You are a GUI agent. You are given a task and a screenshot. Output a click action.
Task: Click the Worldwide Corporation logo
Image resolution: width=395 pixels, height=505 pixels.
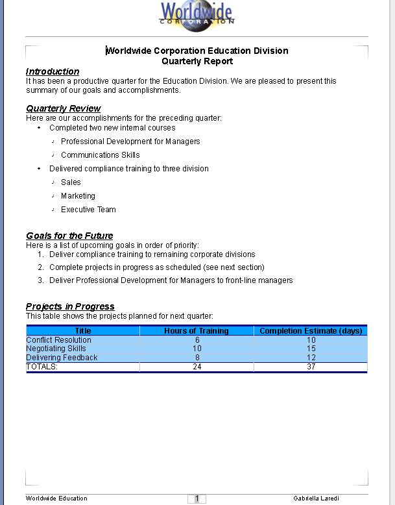[197, 14]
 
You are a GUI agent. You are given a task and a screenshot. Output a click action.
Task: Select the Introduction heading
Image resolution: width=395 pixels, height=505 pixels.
[53, 71]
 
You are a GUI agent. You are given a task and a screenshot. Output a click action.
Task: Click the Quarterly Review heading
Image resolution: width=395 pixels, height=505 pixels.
[63, 108]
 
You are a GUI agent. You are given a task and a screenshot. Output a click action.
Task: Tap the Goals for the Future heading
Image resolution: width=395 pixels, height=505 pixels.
[69, 236]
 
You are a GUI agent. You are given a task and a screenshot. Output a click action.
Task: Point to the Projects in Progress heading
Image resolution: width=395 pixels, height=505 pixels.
[70, 306]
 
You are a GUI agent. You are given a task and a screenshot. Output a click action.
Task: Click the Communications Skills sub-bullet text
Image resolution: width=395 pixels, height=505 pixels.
[100, 155]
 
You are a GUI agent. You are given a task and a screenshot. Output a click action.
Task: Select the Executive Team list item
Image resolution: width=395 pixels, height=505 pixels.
[88, 210]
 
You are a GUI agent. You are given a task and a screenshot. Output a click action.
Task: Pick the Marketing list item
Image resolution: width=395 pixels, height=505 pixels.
[78, 196]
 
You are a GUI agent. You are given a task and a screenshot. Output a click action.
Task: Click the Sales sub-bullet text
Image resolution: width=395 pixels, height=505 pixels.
[71, 182]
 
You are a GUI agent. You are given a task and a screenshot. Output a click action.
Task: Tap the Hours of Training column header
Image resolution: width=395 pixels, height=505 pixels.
[197, 331]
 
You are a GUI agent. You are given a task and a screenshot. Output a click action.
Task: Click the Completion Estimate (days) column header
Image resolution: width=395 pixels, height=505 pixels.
[311, 331]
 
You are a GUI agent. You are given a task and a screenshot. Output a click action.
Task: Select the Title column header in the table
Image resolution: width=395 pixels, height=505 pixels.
[83, 331]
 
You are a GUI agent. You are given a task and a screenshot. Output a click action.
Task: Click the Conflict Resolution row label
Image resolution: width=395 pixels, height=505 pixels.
[58, 340]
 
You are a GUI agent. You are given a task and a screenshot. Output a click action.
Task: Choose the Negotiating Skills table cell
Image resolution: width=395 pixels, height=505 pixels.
[56, 349]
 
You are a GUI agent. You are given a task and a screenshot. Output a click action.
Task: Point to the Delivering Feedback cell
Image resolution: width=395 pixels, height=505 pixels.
[62, 358]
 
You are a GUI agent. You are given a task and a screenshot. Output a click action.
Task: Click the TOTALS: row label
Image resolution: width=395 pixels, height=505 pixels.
[42, 367]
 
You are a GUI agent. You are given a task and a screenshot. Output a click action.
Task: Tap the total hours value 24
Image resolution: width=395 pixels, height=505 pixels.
[197, 367]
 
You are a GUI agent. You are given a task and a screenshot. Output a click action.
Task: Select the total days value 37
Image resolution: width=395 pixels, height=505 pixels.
[311, 367]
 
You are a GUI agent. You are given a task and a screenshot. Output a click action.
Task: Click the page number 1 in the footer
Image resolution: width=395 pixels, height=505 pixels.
[197, 499]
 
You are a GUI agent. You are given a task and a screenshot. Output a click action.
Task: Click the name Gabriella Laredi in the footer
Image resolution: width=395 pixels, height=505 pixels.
[316, 499]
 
